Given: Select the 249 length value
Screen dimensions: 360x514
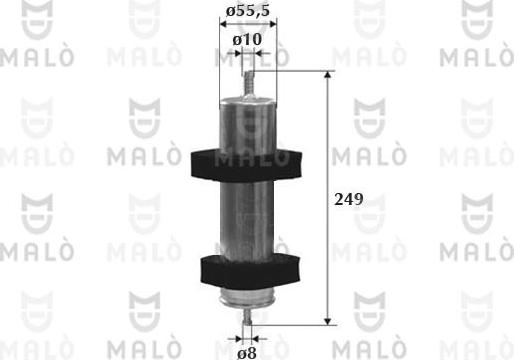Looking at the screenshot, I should pyautogui.click(x=347, y=199).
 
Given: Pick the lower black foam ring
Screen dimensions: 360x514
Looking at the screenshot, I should pyautogui.click(x=245, y=267).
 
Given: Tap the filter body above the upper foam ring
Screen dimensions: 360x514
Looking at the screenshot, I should pyautogui.click(x=245, y=120).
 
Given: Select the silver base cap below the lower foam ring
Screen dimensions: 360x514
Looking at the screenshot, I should pyautogui.click(x=245, y=293).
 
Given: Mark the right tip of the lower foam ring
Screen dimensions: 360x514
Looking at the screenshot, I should pyautogui.click(x=299, y=267).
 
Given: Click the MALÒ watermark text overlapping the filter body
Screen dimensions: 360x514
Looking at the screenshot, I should pyautogui.click(x=245, y=158).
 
